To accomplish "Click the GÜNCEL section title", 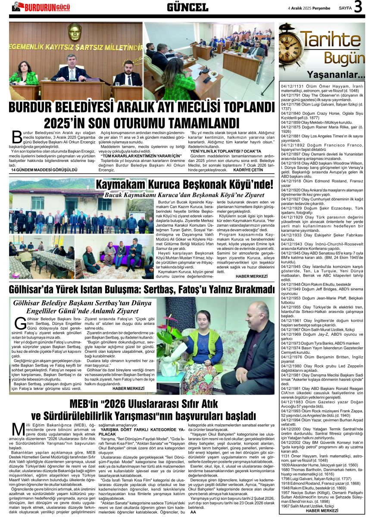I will click(x=187, y=7).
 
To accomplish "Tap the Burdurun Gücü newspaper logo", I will click(x=41, y=6).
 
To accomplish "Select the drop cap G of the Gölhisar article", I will click(x=19, y=324).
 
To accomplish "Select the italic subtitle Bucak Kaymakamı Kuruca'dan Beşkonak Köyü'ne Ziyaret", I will click(x=189, y=195).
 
